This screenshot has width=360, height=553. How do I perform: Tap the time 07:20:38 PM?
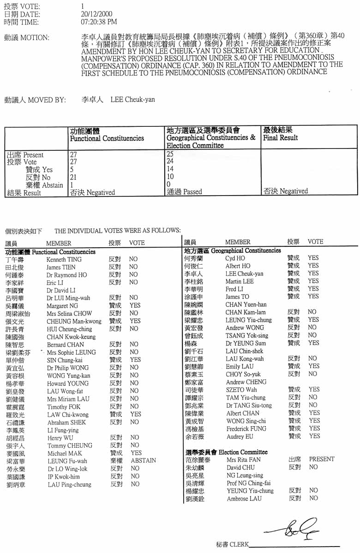point(99,22)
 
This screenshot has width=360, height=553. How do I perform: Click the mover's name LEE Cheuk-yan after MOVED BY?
point(133,100)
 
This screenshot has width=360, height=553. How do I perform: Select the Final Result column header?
point(280,137)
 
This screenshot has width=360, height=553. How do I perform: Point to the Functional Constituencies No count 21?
point(72,177)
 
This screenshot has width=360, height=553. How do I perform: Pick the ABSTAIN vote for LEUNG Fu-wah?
point(143,461)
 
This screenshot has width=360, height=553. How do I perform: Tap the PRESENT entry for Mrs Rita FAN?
point(322,459)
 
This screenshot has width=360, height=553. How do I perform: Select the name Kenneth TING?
point(64,260)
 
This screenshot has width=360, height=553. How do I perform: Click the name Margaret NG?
point(62,306)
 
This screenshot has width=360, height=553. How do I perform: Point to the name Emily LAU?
point(240,367)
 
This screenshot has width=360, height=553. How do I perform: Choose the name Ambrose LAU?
point(244,499)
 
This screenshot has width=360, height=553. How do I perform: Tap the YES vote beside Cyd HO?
point(313,258)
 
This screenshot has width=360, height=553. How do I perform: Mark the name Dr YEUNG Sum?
point(246,343)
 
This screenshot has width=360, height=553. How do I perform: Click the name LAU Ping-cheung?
point(70,485)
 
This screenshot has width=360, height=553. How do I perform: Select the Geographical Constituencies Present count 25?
point(170,154)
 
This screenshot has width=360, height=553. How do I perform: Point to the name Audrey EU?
point(240,436)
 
